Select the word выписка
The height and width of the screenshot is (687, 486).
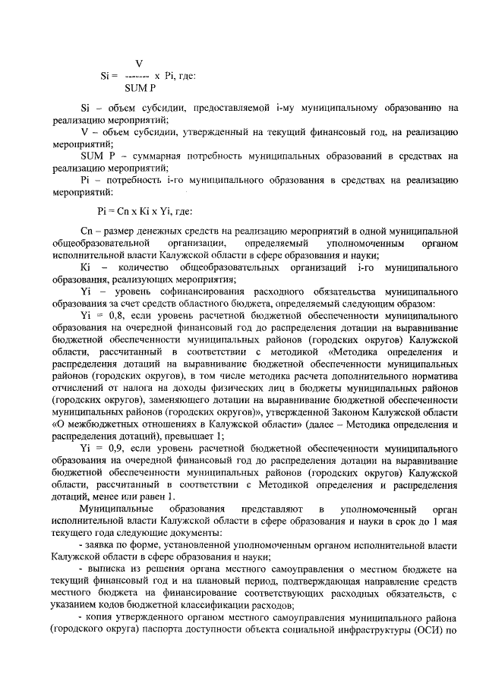point(107,569)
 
